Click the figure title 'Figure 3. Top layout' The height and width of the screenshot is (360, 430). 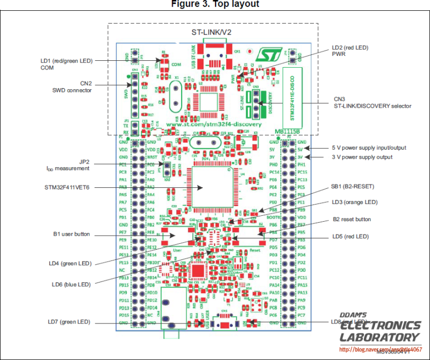point(215,4)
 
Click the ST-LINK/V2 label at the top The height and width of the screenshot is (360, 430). point(212,32)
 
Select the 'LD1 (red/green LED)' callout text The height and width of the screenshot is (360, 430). point(67,61)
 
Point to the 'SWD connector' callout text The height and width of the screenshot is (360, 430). point(71,90)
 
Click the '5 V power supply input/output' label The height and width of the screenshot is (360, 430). point(368,147)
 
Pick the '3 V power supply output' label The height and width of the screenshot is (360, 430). point(361,157)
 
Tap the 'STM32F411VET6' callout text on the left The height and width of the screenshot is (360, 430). point(67,188)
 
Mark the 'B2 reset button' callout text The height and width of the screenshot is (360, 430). point(352,219)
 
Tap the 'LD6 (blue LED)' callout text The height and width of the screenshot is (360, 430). point(71,284)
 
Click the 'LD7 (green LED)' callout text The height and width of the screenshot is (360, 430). point(69,322)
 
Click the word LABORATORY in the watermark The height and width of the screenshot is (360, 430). point(379,337)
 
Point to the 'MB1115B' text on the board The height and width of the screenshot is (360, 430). point(288,131)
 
